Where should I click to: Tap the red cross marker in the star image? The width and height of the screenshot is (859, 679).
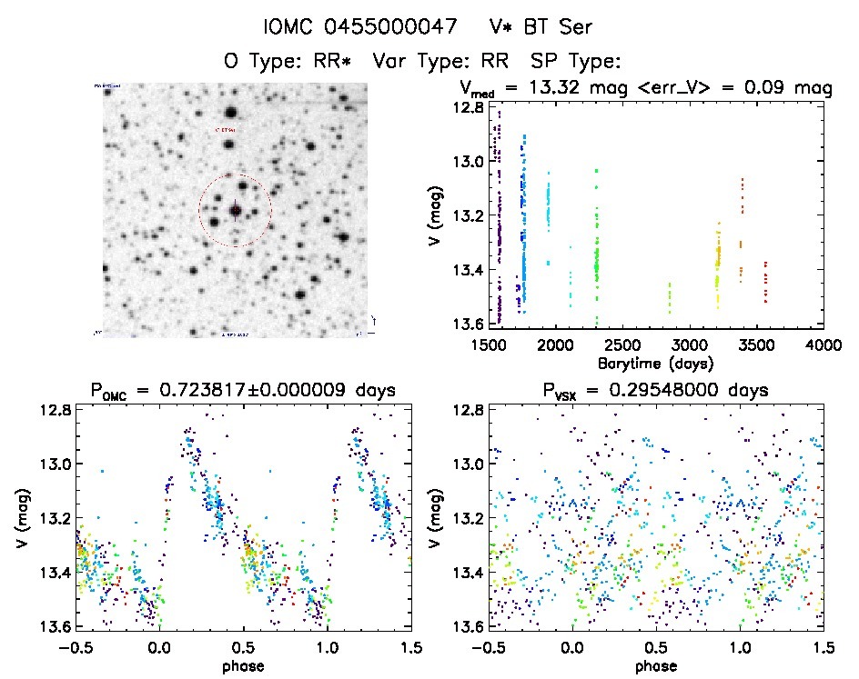[x=236, y=211]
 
